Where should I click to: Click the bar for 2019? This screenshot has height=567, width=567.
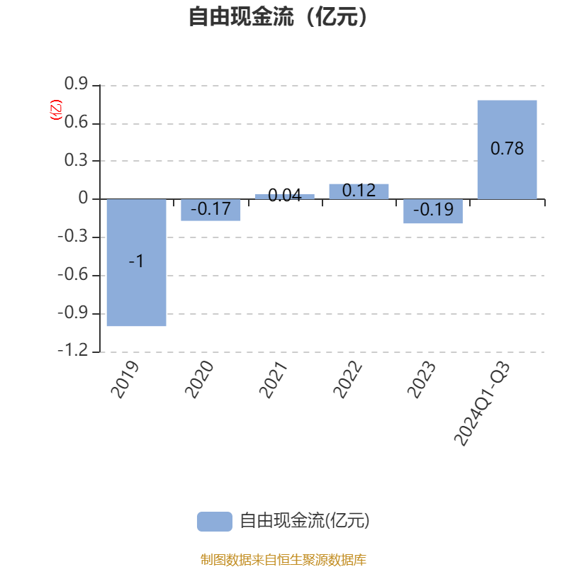136,262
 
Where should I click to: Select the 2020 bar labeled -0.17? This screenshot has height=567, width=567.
210,210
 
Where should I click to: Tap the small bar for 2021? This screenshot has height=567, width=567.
285,196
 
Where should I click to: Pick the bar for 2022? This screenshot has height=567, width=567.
359,191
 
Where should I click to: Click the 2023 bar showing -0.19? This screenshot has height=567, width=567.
433,211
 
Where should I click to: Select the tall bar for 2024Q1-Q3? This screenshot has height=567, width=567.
507,150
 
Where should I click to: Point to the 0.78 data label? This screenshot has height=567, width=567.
507,149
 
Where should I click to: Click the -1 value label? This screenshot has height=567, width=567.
136,261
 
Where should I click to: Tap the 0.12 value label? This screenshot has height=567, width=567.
359,191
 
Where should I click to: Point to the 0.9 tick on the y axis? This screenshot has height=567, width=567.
76,84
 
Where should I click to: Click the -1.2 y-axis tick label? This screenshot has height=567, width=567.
73,350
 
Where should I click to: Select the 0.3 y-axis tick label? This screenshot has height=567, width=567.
76,160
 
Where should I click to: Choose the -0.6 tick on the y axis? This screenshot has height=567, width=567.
73,274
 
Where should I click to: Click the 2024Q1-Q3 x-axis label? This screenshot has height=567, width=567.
482,403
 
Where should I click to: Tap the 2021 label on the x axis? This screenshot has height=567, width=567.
274,380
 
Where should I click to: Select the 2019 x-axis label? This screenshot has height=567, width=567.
125,380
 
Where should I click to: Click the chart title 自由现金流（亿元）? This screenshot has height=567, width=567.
278,16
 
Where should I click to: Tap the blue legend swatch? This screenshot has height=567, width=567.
215,522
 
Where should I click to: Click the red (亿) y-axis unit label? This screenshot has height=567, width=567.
56,110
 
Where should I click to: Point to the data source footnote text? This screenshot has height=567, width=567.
283,559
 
